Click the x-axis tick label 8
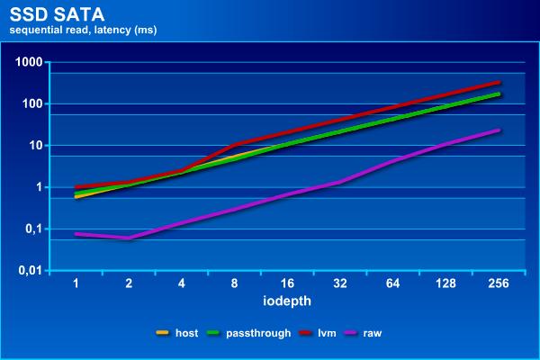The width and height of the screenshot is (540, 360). pyautogui.click(x=234, y=283)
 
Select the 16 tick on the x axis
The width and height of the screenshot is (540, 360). pyautogui.click(x=287, y=283)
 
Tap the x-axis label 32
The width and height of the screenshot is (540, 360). pyautogui.click(x=339, y=283)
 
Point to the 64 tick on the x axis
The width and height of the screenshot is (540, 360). pyautogui.click(x=392, y=283)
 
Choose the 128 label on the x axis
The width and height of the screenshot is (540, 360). pyautogui.click(x=445, y=283)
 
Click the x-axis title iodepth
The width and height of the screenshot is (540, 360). pyautogui.click(x=287, y=300)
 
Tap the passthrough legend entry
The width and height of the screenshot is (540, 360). pyautogui.click(x=253, y=333)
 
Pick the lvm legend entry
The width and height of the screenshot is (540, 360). pyautogui.click(x=319, y=333)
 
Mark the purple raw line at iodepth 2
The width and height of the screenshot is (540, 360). pyautogui.click(x=129, y=238)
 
